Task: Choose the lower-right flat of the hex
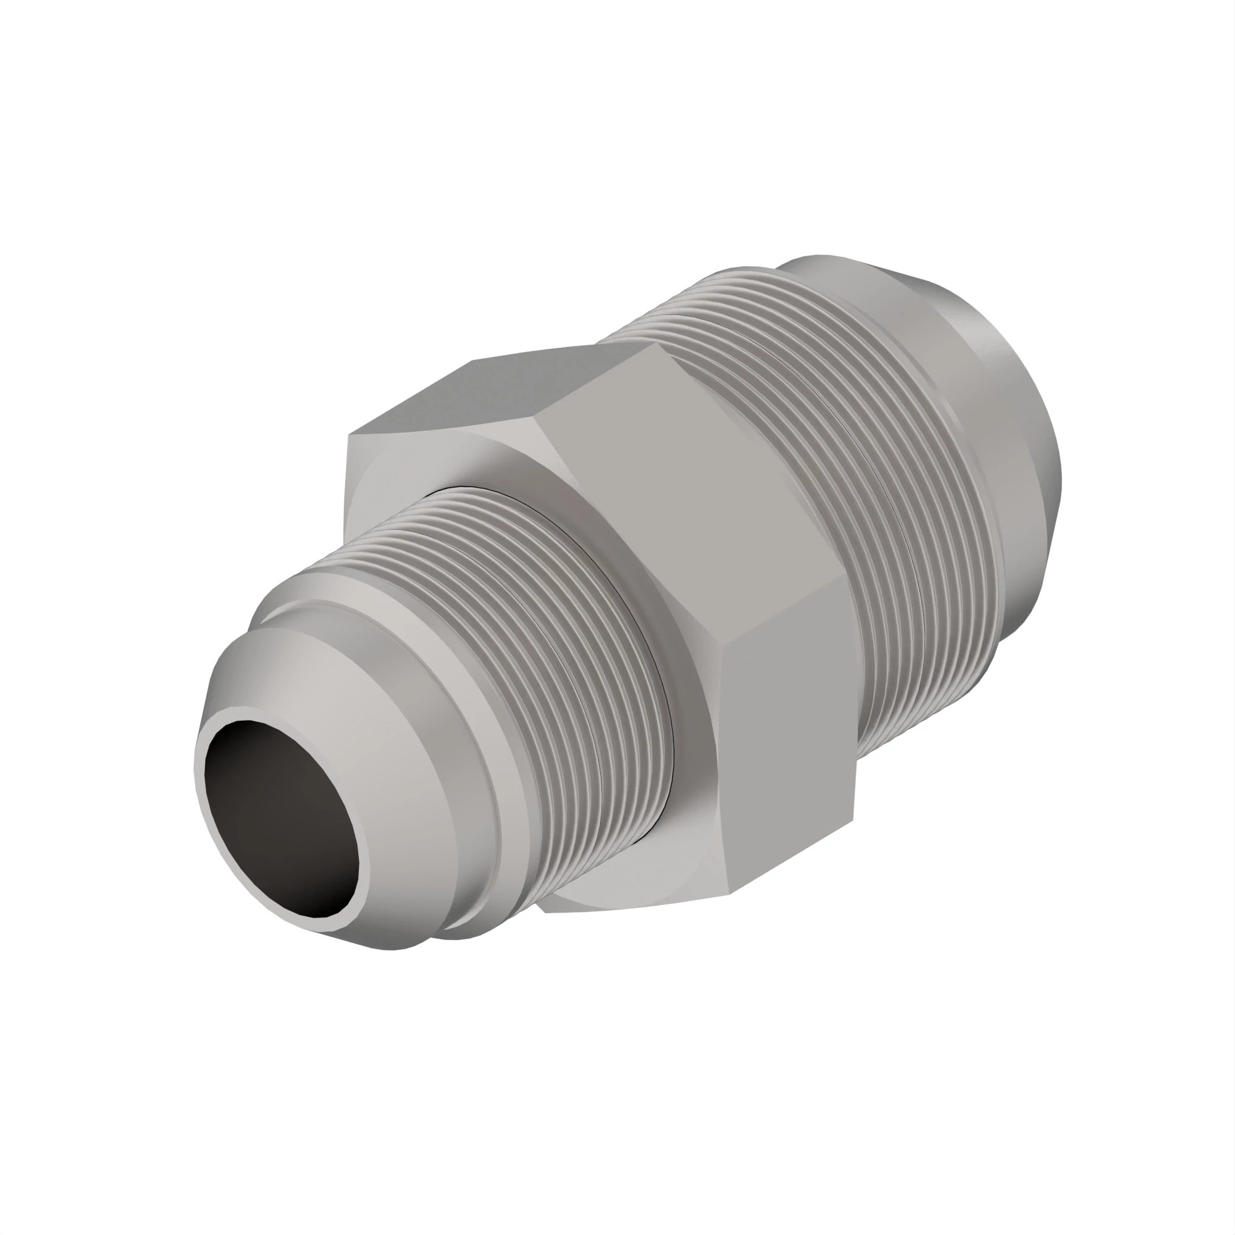click(x=786, y=735)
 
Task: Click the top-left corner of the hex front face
click(x=348, y=436)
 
